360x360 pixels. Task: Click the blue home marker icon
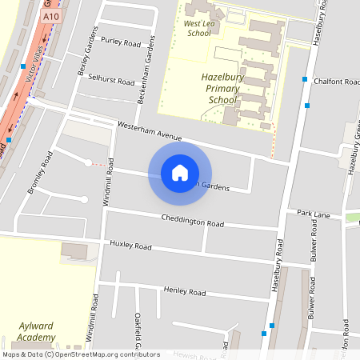coord(180,173)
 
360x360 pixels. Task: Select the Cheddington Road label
coord(192,222)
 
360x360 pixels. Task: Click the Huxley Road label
coord(130,244)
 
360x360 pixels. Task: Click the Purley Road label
coord(121,41)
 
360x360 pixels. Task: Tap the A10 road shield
coord(52,15)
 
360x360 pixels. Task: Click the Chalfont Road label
coord(338,82)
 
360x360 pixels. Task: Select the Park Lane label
coord(314,214)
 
